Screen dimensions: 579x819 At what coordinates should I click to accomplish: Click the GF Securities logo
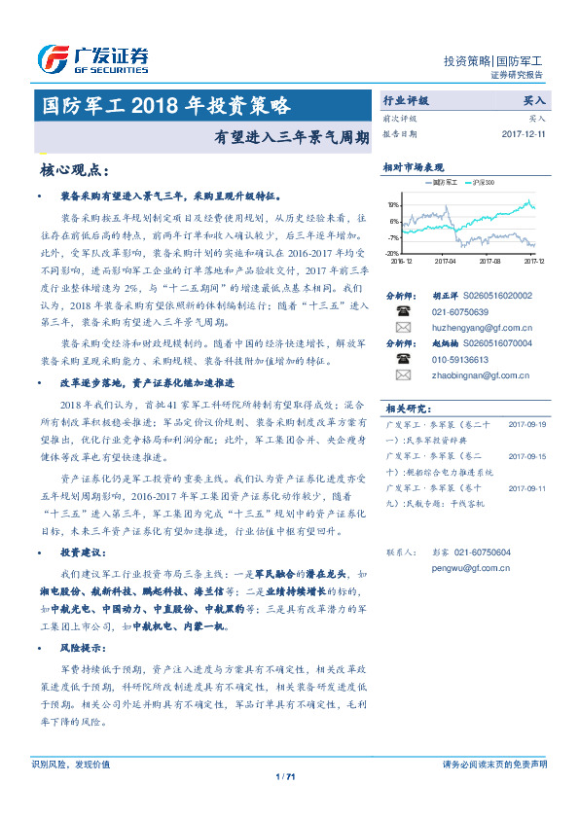click(x=93, y=58)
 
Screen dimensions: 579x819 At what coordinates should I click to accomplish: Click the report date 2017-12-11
click(x=524, y=134)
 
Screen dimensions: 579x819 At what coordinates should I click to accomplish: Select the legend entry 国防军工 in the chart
click(x=444, y=182)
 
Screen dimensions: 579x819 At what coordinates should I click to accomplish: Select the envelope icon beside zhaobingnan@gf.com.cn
click(x=403, y=374)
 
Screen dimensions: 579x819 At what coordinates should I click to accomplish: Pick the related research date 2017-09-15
click(x=528, y=455)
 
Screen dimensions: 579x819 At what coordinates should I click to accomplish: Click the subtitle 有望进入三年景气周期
click(x=292, y=137)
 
